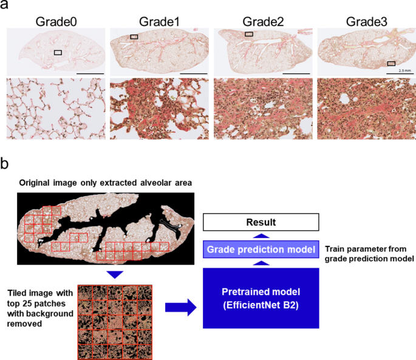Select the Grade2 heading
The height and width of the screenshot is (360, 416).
point(263,22)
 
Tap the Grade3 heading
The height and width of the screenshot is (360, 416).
point(367,22)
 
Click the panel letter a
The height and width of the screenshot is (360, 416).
point(5,5)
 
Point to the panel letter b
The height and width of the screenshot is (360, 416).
point(5,164)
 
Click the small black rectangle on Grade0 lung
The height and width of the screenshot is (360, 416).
point(58,53)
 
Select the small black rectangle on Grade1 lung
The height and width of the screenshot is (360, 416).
point(134,37)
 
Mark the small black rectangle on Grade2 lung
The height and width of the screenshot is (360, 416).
point(249,35)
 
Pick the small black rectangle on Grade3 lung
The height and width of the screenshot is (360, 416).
point(392,63)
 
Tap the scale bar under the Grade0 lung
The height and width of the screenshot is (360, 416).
point(90,73)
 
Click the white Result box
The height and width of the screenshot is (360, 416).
point(261,222)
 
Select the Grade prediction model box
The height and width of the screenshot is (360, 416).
point(261,249)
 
